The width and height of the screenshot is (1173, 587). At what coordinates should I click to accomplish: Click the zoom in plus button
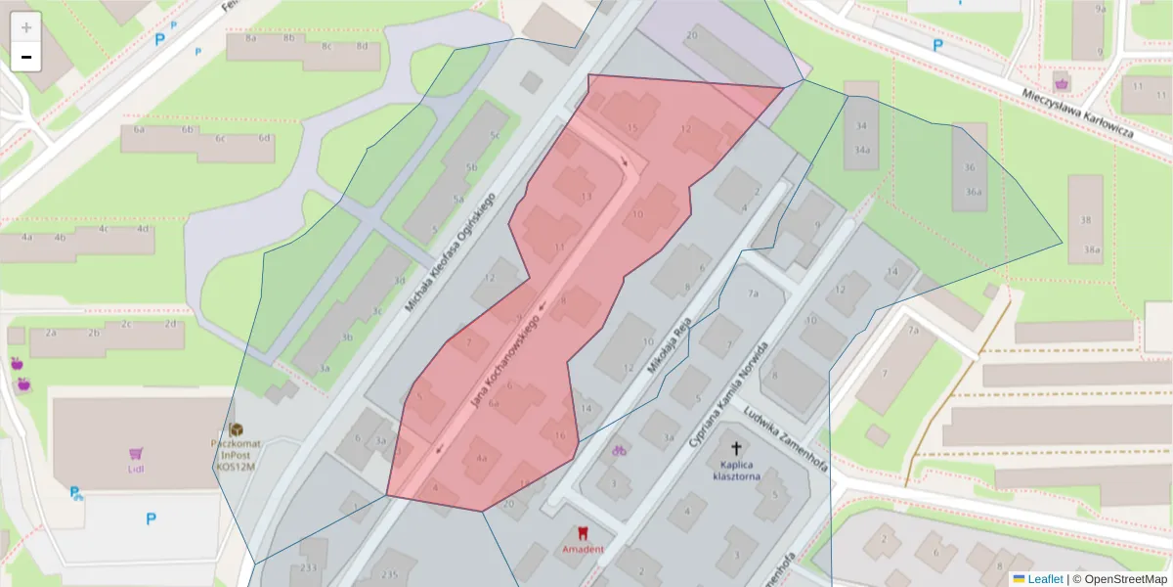26,27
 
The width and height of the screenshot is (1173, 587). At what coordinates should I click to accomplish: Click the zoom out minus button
26,58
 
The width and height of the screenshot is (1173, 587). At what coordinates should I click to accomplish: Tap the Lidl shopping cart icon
136,454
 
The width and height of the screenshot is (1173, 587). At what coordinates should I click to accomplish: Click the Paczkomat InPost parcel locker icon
236,430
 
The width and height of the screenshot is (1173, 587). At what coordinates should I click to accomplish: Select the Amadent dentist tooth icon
584,533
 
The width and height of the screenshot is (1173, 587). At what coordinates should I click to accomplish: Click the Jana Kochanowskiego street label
506,361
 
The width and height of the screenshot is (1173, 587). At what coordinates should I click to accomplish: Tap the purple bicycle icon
618,451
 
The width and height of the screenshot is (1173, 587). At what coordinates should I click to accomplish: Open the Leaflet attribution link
1044,579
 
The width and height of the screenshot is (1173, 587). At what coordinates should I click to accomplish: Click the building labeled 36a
974,192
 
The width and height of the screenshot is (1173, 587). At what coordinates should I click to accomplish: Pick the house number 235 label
391,575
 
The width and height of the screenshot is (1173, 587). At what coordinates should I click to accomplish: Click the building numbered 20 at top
692,35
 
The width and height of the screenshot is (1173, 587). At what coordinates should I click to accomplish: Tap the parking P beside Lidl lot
151,519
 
